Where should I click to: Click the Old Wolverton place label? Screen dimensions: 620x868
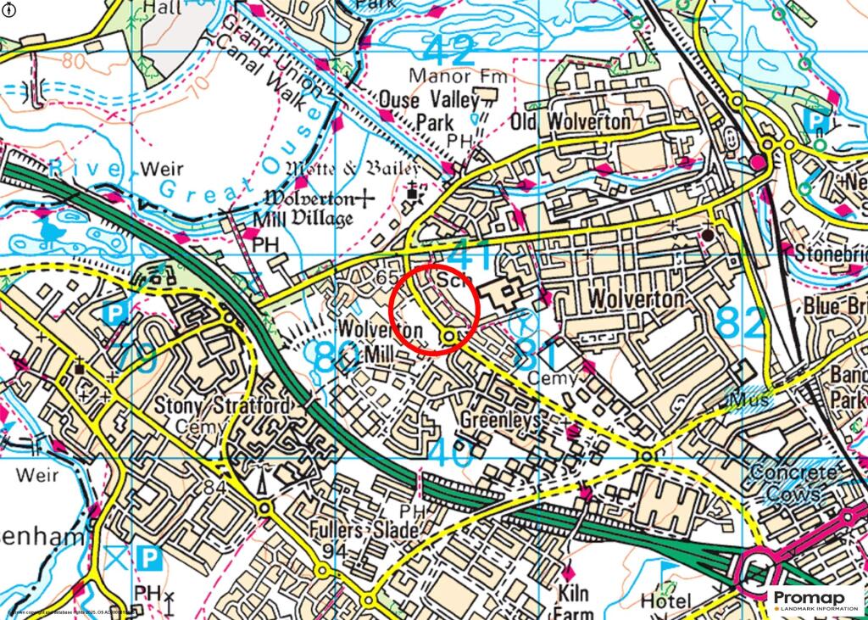coord(570,122)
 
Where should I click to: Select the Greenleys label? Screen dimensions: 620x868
coord(501,420)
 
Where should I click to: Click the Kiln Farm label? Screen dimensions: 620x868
coord(580,601)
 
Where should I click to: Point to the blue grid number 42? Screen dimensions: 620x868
coord(448,51)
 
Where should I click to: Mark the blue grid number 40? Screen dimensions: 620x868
coord(449,452)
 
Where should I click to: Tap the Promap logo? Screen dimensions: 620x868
coord(815,600)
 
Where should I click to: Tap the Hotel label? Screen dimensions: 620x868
coord(660,601)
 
